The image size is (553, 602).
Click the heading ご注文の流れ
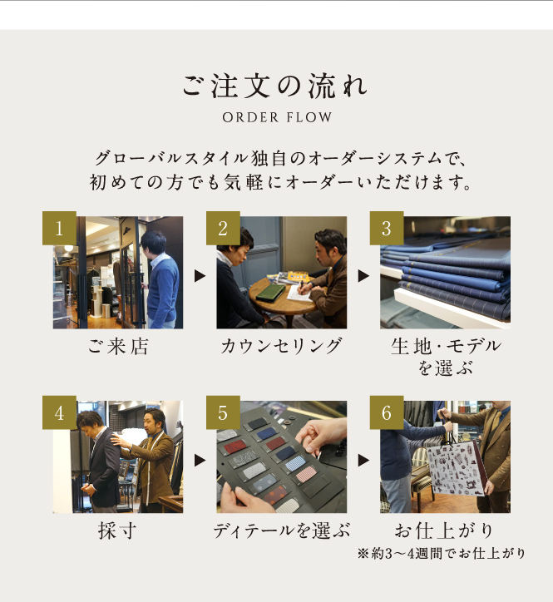pyautogui.click(x=275, y=86)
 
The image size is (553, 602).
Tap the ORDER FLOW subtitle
pyautogui.click(x=277, y=117)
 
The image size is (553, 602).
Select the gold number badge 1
pyautogui.click(x=59, y=228)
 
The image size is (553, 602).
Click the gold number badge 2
pyautogui.click(x=223, y=228)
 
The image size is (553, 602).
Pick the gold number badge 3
pyautogui.click(x=387, y=228)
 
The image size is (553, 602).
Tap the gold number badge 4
pyautogui.click(x=59, y=412)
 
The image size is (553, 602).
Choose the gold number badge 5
pyautogui.click(x=223, y=412)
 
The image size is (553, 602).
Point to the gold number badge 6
pyautogui.click(x=387, y=412)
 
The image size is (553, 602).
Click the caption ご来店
pyautogui.click(x=118, y=346)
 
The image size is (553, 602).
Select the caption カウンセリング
pyautogui.click(x=282, y=346)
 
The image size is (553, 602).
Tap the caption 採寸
pyautogui.click(x=117, y=531)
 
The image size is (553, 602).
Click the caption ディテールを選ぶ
pyautogui.click(x=282, y=531)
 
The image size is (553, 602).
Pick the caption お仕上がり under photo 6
pyautogui.click(x=445, y=531)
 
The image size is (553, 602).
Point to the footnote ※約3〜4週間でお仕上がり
pyautogui.click(x=442, y=554)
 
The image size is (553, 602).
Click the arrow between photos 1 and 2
pyautogui.click(x=200, y=276)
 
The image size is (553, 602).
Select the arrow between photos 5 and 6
pyautogui.click(x=363, y=461)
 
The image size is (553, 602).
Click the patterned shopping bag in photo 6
pyautogui.click(x=457, y=469)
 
